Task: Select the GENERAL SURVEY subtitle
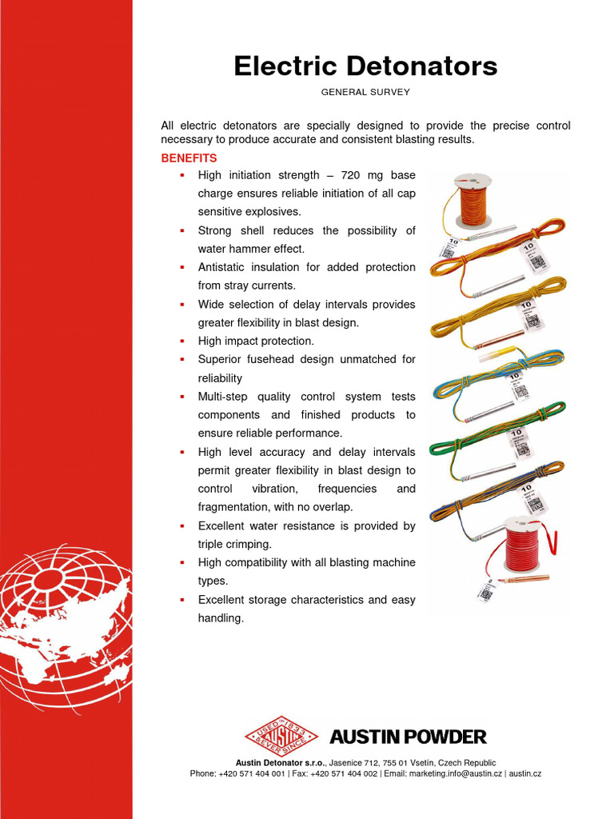pyautogui.click(x=365, y=92)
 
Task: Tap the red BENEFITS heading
pyautogui.click(x=189, y=158)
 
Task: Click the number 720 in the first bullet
pyautogui.click(x=353, y=174)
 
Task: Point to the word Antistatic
pyautogui.click(x=225, y=267)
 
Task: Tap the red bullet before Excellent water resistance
pyautogui.click(x=181, y=525)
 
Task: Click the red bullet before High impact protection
pyautogui.click(x=181, y=341)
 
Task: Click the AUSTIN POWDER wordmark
pyautogui.click(x=408, y=737)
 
